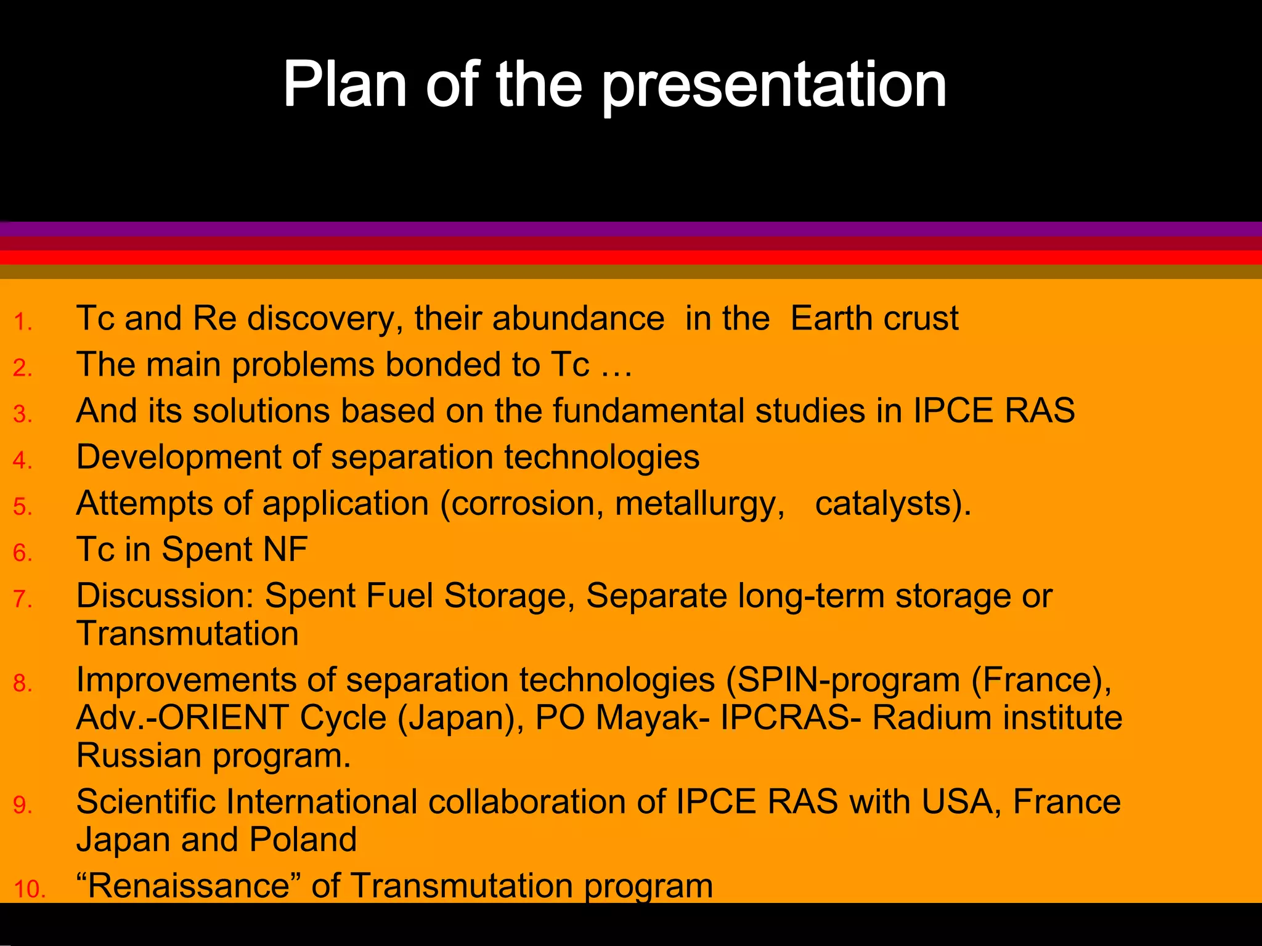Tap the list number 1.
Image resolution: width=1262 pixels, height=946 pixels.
click(x=22, y=322)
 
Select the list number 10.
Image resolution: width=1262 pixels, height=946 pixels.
click(x=30, y=889)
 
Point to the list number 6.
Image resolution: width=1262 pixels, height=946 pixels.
click(x=22, y=552)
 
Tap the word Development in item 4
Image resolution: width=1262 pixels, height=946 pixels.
click(x=178, y=457)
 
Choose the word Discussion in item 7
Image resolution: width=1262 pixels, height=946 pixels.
click(x=165, y=596)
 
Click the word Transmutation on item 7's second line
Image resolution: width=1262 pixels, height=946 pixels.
click(x=187, y=633)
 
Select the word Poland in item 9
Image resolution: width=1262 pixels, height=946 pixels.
click(x=303, y=839)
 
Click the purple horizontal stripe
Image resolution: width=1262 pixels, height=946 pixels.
click(x=631, y=229)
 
